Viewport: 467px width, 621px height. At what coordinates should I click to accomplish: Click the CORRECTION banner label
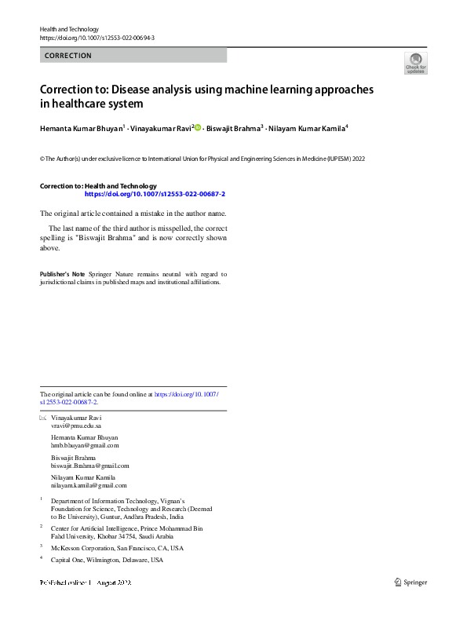tap(68, 56)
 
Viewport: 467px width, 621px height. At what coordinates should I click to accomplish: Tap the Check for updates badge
tap(415, 64)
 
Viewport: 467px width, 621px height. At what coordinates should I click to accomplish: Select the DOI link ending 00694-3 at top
tap(97, 38)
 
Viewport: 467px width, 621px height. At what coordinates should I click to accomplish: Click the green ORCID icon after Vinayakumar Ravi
tap(198, 126)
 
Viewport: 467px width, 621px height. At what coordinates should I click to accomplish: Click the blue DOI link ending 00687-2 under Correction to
tap(155, 193)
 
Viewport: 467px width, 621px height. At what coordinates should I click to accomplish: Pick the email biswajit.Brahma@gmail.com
tap(89, 466)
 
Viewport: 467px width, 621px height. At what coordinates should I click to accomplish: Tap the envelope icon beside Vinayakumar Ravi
tap(43, 418)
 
